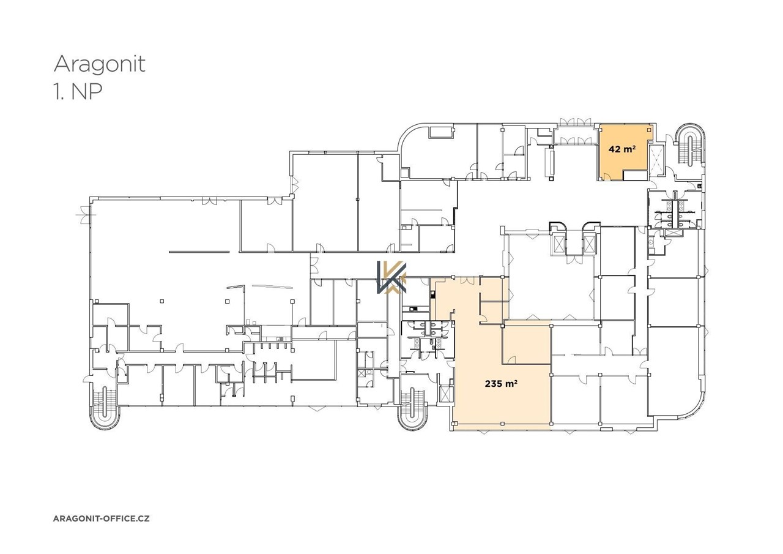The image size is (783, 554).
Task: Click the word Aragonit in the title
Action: point(99,65)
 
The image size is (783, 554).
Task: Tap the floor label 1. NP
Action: point(78,92)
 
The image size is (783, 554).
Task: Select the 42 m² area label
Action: point(622,149)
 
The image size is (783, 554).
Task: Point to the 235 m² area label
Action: point(501,384)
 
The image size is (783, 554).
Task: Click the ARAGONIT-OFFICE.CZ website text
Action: point(102,518)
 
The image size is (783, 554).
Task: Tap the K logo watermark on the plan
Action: point(391,278)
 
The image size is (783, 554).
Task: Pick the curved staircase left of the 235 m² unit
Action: point(412,408)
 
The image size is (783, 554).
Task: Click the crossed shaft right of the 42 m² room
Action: point(656,162)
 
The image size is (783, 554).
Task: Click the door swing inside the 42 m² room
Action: point(606,177)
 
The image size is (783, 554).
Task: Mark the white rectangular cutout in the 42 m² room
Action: point(634,175)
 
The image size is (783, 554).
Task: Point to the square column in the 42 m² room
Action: point(649,130)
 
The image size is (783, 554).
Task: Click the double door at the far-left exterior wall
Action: point(84,214)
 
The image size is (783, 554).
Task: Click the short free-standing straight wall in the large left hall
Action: point(199,252)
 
